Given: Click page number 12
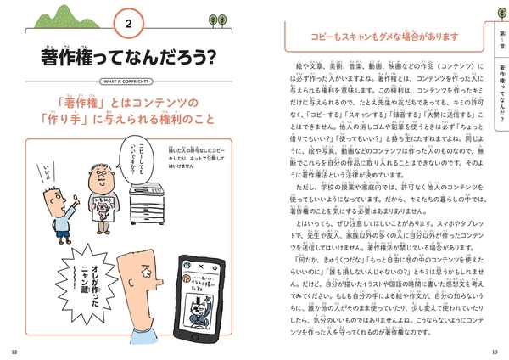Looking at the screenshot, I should point(13,351).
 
